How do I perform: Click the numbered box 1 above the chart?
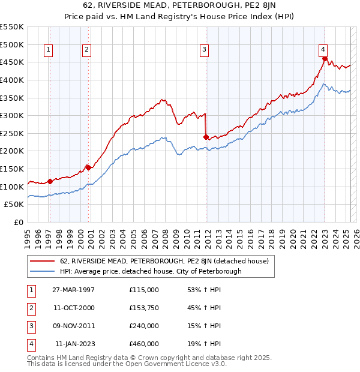[48, 50]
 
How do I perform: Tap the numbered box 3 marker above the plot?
[205, 50]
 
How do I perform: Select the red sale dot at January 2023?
[325, 59]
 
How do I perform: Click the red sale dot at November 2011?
[206, 137]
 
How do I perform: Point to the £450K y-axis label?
[12, 62]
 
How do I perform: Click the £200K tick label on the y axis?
[12, 151]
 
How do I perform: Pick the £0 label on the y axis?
[19, 223]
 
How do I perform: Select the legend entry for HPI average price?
[150, 271]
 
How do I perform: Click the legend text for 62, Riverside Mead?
[167, 261]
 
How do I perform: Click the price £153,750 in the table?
[144, 308]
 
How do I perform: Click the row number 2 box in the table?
[30, 308]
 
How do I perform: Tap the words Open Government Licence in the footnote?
[170, 364]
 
